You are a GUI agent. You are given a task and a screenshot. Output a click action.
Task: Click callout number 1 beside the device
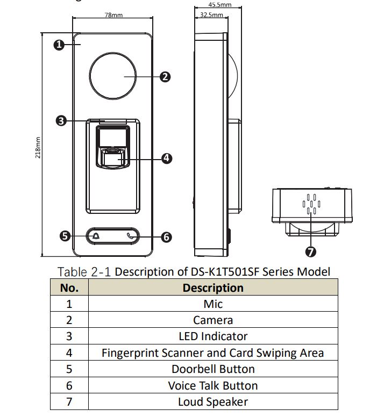(59, 45)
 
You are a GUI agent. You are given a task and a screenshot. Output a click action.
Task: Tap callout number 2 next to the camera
(165, 77)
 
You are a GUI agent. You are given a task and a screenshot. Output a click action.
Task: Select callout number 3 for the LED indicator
(61, 121)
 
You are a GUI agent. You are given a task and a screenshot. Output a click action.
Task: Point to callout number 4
(167, 158)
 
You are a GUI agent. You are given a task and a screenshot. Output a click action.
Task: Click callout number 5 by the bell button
(65, 236)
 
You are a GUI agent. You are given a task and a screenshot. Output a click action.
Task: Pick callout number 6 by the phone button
(166, 237)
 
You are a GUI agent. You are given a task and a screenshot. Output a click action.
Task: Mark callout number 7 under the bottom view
(310, 251)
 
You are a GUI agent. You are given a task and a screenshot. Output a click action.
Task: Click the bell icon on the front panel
(96, 236)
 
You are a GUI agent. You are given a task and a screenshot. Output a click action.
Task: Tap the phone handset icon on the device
(130, 236)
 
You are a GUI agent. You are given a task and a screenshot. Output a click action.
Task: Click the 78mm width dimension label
(113, 15)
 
